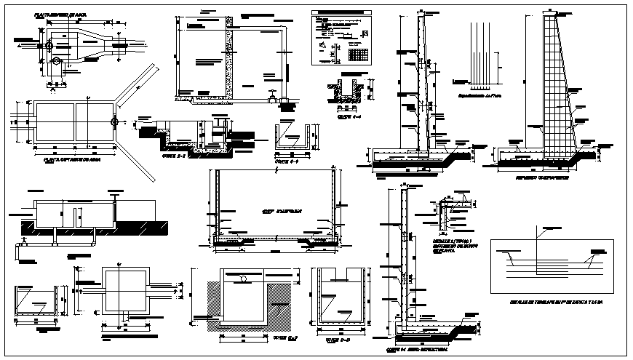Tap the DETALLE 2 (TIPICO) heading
[451, 240]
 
